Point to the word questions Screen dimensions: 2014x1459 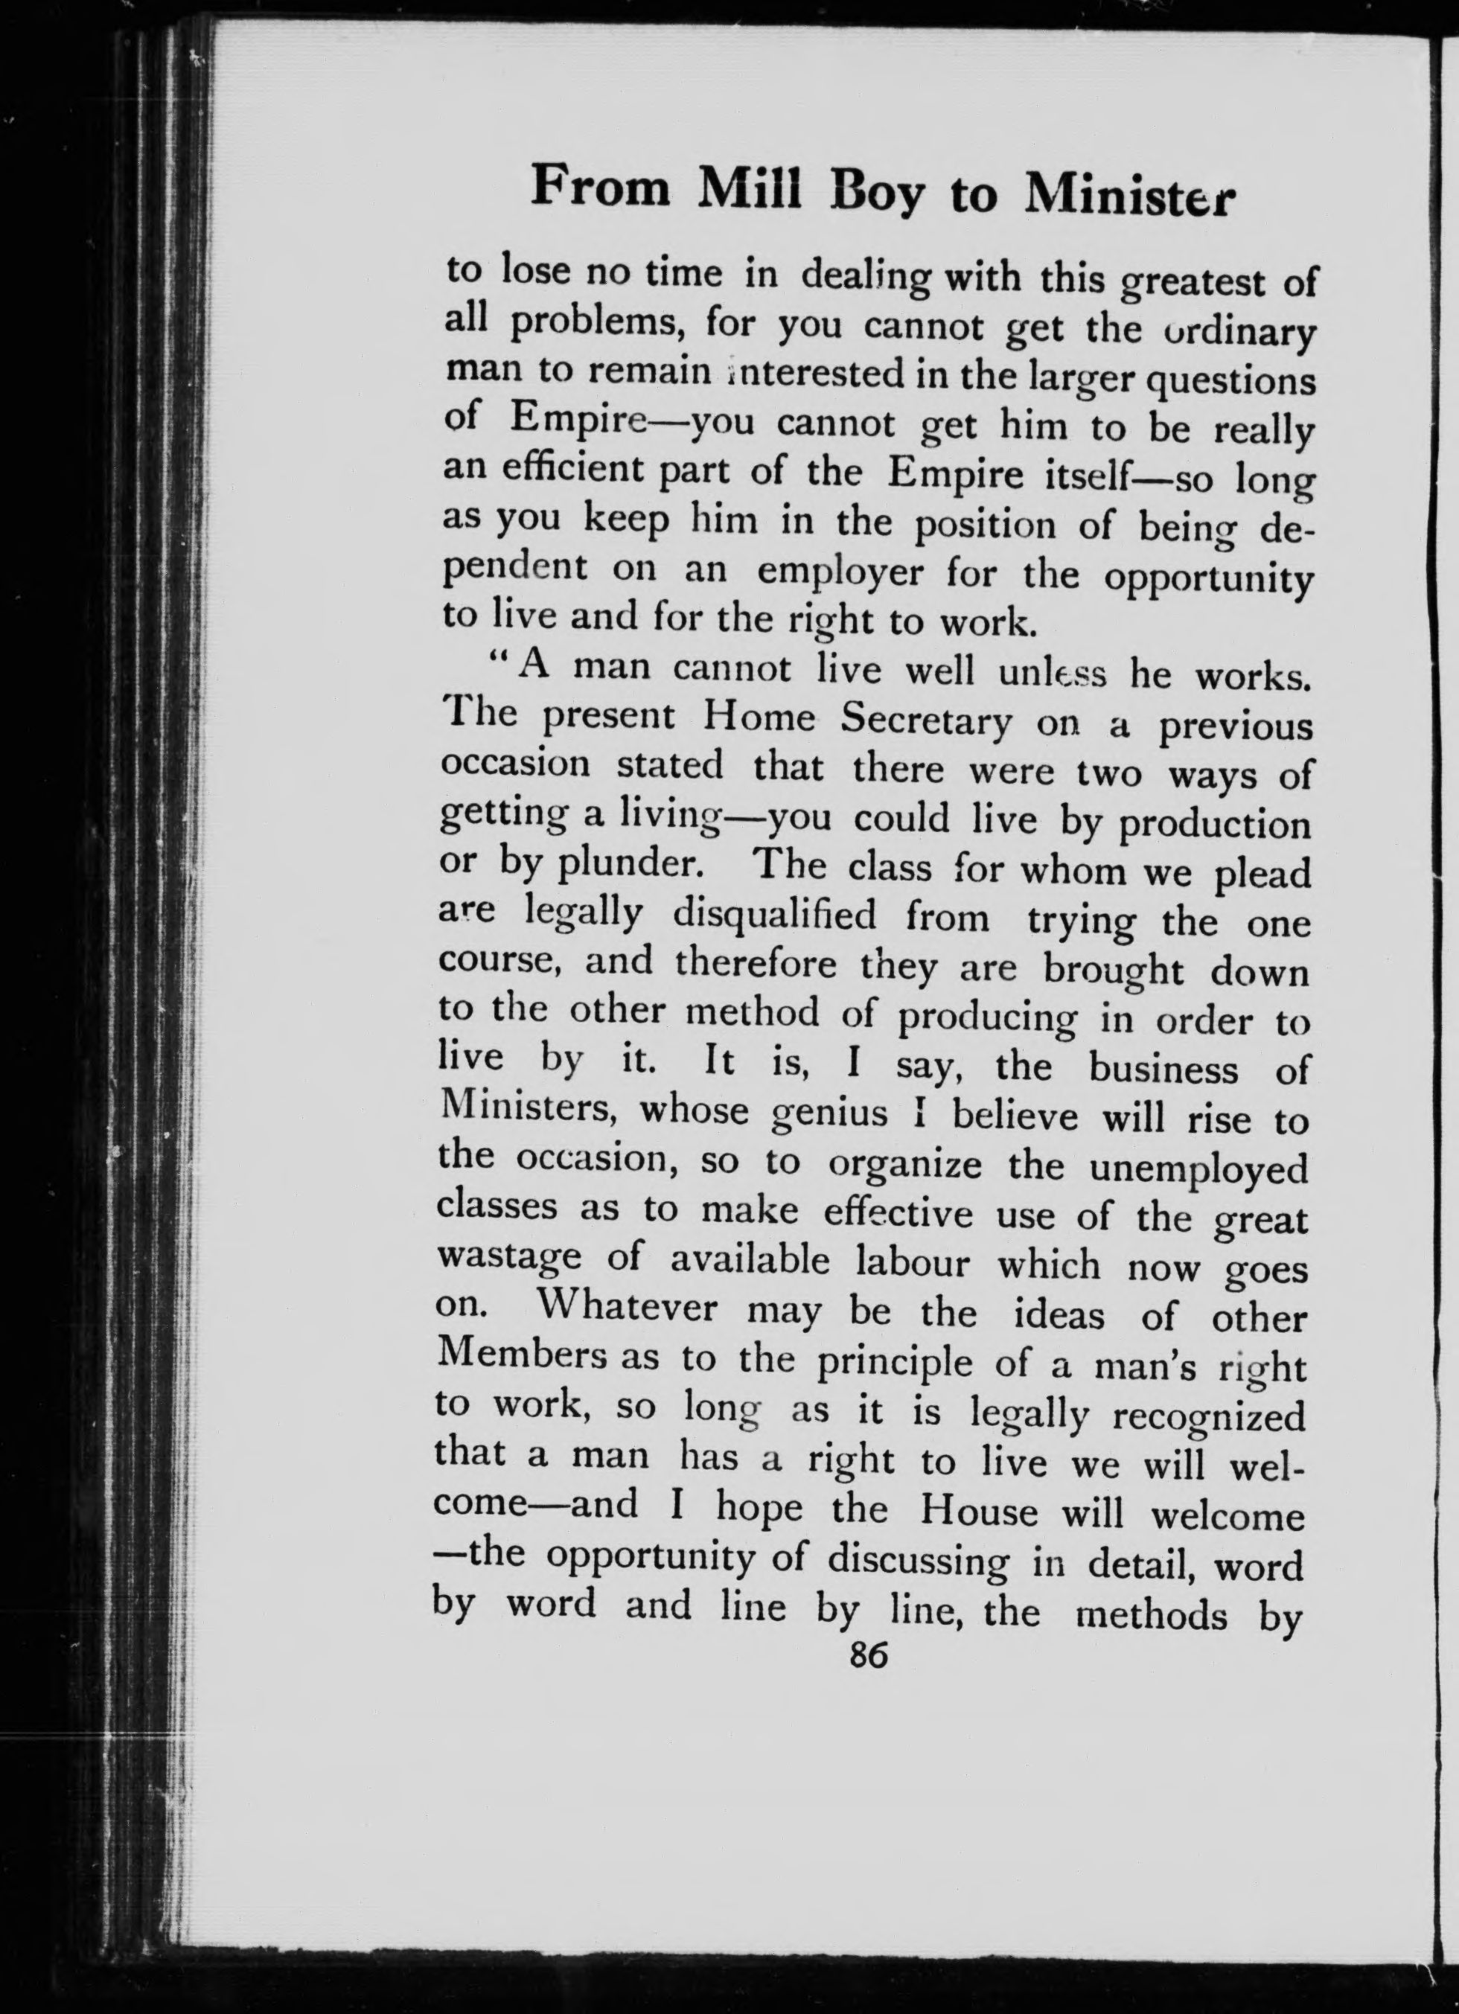pyautogui.click(x=1229, y=385)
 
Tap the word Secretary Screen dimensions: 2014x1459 pyautogui.click(x=925, y=723)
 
